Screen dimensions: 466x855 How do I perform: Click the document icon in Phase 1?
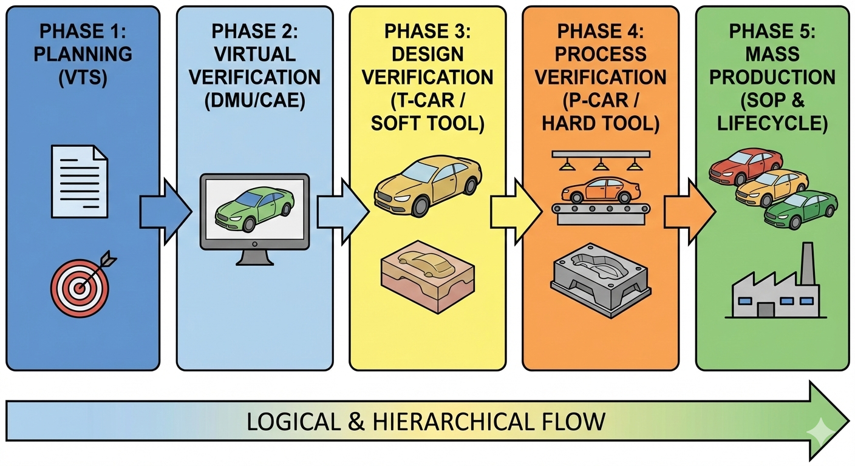pyautogui.click(x=80, y=180)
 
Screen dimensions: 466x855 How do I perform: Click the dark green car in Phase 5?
pyautogui.click(x=800, y=210)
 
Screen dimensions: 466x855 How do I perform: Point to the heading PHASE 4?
pyautogui.click(x=601, y=31)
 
